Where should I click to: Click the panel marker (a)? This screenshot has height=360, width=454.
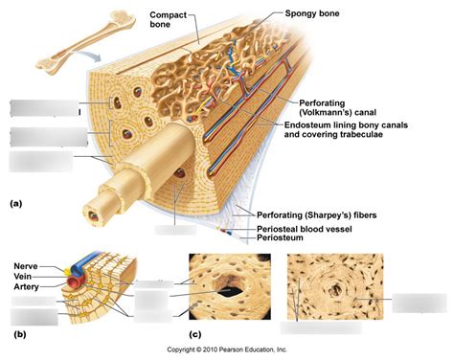(x=16, y=204)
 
